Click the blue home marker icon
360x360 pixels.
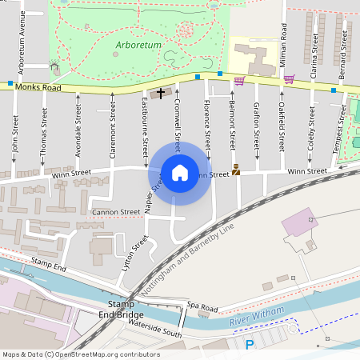point(180,173)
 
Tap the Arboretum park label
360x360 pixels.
point(138,46)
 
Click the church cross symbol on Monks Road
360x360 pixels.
point(160,94)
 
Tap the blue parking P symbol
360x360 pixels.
point(250,345)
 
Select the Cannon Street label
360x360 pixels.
point(116,212)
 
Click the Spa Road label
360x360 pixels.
point(202,306)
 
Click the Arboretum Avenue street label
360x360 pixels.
point(22,35)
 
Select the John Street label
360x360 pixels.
point(14,128)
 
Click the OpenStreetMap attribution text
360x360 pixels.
point(81,354)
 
